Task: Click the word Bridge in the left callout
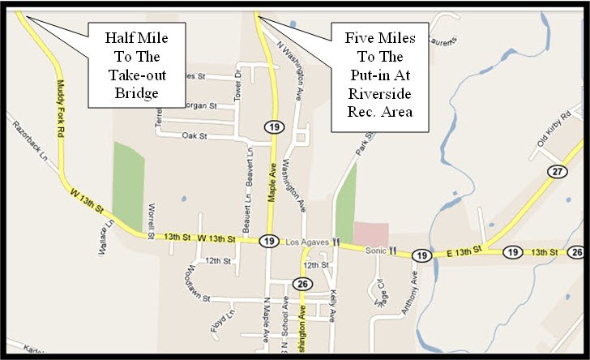point(135,93)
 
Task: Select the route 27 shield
point(556,171)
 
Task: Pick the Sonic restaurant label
point(374,251)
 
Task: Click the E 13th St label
point(464,252)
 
